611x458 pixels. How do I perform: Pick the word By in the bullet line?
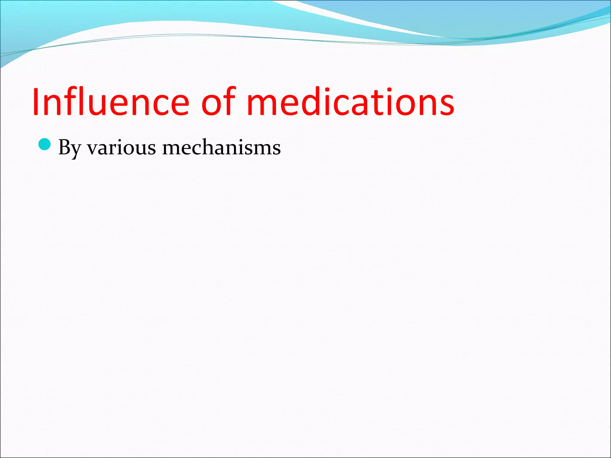pos(70,148)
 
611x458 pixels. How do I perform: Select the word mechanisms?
pos(221,148)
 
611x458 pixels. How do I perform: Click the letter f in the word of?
pos(230,101)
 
